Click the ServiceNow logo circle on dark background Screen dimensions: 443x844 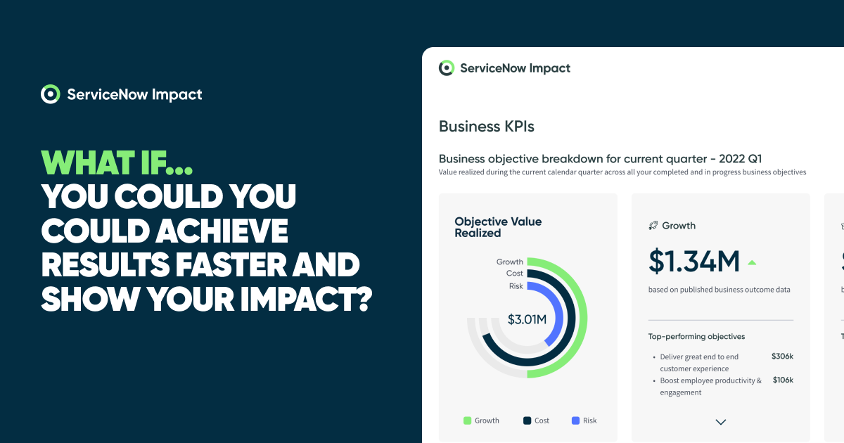pyautogui.click(x=50, y=94)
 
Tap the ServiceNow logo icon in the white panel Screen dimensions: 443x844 pyautogui.click(x=446, y=68)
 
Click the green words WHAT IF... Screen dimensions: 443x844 pyautogui.click(x=117, y=162)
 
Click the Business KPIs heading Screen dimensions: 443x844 pyautogui.click(x=486, y=127)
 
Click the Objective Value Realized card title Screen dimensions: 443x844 pyautogui.click(x=498, y=227)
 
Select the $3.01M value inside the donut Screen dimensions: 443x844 pyautogui.click(x=527, y=320)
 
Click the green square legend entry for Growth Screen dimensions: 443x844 pyautogui.click(x=467, y=420)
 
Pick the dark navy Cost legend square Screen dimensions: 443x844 pyautogui.click(x=527, y=420)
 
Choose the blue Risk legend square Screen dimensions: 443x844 pyautogui.click(x=575, y=420)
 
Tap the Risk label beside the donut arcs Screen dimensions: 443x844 pyautogui.click(x=516, y=286)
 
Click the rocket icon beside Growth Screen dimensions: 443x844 pyautogui.click(x=653, y=226)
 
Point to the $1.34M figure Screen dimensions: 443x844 pyautogui.click(x=693, y=262)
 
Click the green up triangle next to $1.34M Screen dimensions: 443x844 pyautogui.click(x=751, y=263)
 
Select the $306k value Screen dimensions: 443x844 pyautogui.click(x=782, y=357)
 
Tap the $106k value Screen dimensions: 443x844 pyautogui.click(x=782, y=380)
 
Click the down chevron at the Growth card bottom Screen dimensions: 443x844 pyautogui.click(x=720, y=422)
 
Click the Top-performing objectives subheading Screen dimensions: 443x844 pyautogui.click(x=696, y=337)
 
